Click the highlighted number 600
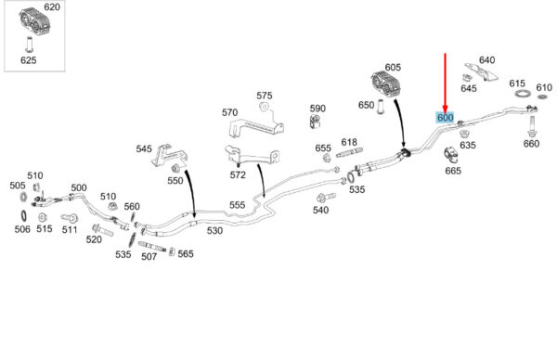pos(445,117)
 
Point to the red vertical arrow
pos(445,84)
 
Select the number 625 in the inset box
pos(29,60)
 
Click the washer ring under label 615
pos(523,94)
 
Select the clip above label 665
pos(451,155)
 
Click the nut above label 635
pos(463,134)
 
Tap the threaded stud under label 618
pos(349,153)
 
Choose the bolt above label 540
pos(326,198)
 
